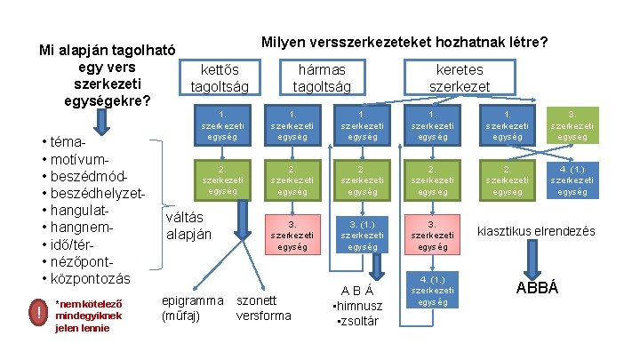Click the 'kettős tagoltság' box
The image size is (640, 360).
click(x=220, y=77)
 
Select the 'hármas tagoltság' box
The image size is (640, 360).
click(x=322, y=77)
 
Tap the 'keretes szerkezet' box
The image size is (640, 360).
click(x=459, y=77)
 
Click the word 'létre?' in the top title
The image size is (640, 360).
click(x=526, y=42)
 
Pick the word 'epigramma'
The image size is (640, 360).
click(x=192, y=300)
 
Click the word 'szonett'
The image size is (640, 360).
click(x=256, y=300)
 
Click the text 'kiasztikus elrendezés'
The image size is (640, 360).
click(x=537, y=230)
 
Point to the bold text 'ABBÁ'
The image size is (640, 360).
click(x=537, y=288)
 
